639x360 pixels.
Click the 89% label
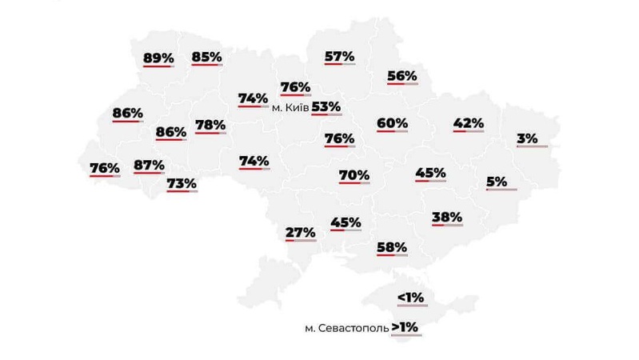158,58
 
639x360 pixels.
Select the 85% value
206,57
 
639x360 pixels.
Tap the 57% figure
340,56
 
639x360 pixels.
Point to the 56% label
401,76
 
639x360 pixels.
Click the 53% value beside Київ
326,106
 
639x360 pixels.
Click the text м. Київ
290,107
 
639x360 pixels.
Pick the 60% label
392,123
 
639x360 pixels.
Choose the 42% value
468,123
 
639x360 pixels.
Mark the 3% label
527,138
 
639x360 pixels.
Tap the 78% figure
210,125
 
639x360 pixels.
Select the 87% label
149,166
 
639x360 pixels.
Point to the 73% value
182,183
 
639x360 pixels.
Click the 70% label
353,174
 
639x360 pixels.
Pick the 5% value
497,182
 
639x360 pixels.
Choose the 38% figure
446,217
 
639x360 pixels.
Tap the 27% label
301,233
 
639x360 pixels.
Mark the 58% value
392,247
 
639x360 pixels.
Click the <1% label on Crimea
410,298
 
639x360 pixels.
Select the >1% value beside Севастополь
405,327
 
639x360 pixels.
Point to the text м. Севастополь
346,328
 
